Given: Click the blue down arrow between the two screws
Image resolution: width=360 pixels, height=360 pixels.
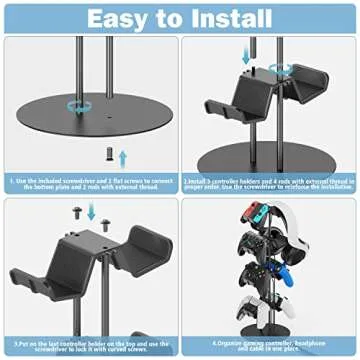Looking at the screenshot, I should point(92,211).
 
